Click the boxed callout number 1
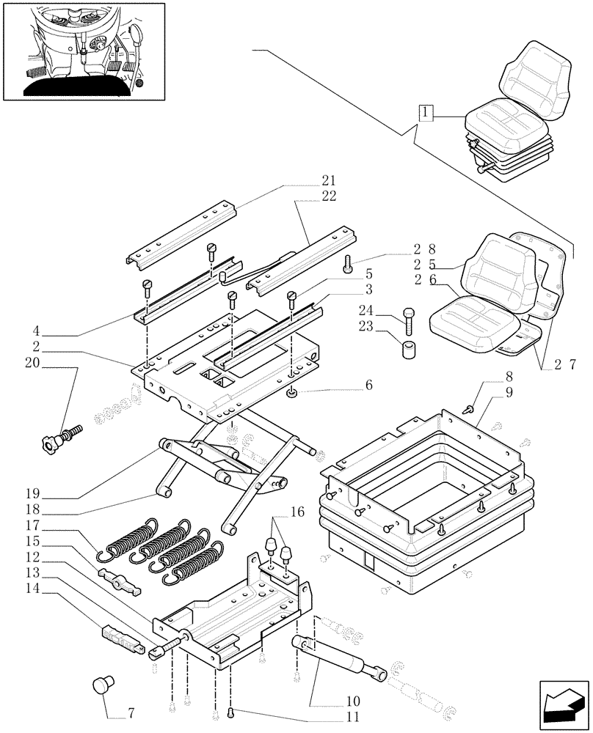pos(426,113)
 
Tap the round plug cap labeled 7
pos(100,686)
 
